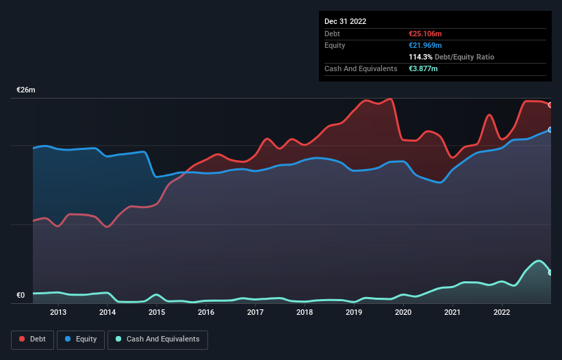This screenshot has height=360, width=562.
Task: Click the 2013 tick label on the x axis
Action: (x=58, y=313)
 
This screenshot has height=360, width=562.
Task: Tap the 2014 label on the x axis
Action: (x=107, y=313)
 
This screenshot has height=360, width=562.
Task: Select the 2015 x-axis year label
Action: (x=157, y=313)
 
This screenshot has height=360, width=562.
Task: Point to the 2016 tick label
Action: (x=206, y=313)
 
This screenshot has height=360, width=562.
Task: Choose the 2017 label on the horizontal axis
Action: (x=255, y=313)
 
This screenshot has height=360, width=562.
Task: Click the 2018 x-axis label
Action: (x=305, y=313)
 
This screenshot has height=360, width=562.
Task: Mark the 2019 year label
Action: (x=354, y=313)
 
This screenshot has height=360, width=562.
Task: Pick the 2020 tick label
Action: (x=403, y=313)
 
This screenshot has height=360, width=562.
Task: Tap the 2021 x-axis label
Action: (x=452, y=313)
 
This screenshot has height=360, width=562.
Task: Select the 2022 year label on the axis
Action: (x=502, y=313)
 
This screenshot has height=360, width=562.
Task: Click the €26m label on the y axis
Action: (x=26, y=90)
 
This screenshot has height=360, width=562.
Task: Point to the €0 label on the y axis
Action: (x=21, y=296)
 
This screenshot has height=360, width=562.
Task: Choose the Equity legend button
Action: (x=81, y=339)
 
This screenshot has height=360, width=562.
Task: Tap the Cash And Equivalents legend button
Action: (x=157, y=339)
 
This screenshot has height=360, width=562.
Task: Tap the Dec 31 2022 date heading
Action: (x=345, y=21)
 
